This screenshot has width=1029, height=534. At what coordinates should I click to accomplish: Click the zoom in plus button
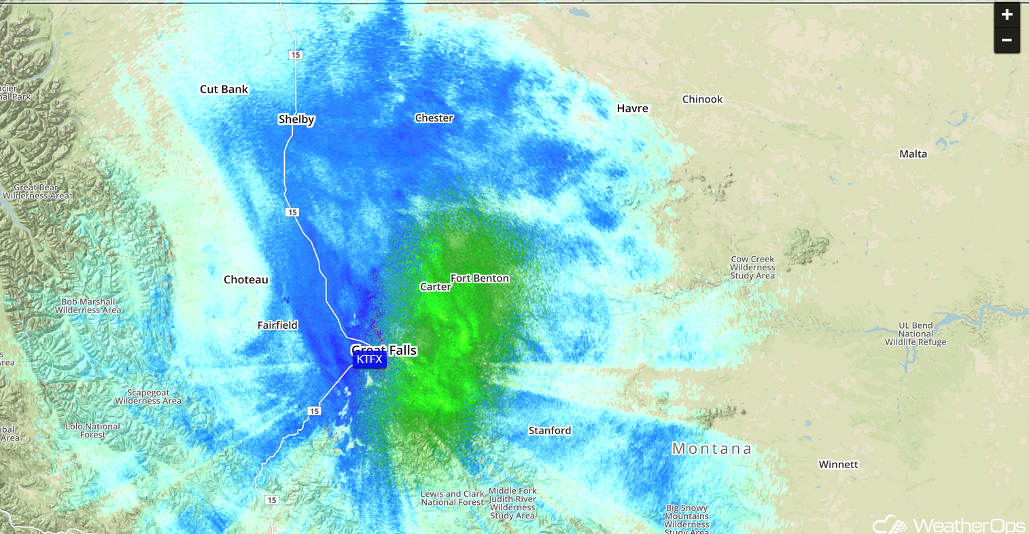pos(1007,14)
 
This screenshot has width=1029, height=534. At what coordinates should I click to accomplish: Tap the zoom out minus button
pos(1007,41)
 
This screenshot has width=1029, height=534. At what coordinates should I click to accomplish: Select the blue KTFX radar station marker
pos(369,359)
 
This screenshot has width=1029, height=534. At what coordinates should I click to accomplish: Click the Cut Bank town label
pos(224,89)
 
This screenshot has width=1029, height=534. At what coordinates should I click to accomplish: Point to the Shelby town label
pos(296,120)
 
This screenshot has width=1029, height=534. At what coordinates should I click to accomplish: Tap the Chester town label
pos(434,118)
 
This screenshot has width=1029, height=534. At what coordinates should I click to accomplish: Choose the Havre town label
pos(632,109)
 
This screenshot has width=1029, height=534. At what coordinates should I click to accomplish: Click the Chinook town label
pos(702,99)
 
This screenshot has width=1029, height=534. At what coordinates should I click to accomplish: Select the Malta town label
pos(913,154)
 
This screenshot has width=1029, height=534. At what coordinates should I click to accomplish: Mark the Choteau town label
pos(245,280)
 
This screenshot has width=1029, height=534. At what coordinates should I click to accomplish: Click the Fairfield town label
pos(277,325)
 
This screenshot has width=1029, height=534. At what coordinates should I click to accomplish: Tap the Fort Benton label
pos(479,279)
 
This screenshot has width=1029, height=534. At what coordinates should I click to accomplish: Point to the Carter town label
pos(435,287)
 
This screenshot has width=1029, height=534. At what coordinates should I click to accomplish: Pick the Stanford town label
pos(550,431)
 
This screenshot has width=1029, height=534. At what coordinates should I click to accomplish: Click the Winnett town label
pos(838,465)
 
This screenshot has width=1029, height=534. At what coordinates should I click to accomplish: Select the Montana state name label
pos(712,448)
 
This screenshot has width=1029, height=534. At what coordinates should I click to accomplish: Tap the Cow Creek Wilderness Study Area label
pos(752,268)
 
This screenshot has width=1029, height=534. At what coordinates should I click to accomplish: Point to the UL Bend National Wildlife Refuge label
pos(915,334)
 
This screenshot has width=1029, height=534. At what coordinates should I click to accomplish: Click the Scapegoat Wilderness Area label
pos(148,397)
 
